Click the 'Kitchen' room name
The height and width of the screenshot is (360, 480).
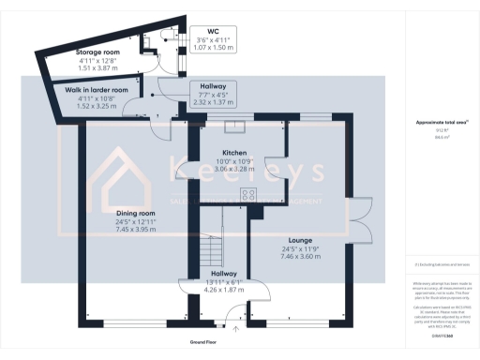pyautogui.click(x=233, y=152)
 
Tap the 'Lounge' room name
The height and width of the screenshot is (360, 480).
pyautogui.click(x=302, y=240)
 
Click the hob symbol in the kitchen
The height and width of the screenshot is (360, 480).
pyautogui.click(x=249, y=195)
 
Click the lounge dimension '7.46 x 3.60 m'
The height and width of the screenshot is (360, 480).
pyautogui.click(x=302, y=255)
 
